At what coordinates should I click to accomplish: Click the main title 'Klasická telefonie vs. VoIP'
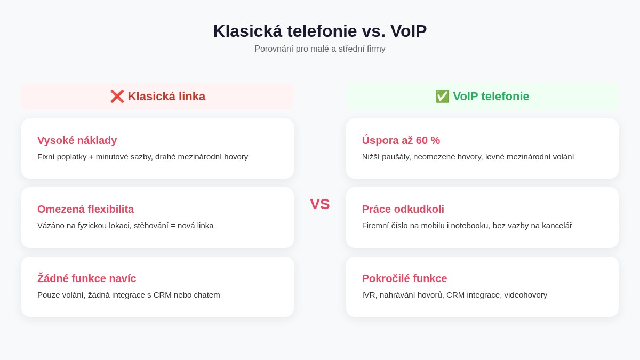(319, 31)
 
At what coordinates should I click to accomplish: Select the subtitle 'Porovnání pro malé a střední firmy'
(319, 49)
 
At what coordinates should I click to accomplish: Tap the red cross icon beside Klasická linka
(117, 97)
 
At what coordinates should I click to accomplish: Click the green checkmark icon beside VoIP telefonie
(442, 97)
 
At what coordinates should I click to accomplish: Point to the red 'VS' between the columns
(320, 204)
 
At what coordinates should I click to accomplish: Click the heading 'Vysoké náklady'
(77, 140)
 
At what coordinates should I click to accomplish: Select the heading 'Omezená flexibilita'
(85, 209)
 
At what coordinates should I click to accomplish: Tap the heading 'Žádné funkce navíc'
(86, 278)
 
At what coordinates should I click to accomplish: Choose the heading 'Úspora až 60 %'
(401, 140)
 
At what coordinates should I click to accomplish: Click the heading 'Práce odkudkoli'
(403, 209)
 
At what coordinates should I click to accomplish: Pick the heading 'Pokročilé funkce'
(404, 278)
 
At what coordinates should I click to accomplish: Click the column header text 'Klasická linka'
(166, 97)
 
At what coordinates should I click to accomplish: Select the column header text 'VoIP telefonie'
(491, 97)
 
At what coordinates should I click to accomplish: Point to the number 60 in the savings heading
(422, 140)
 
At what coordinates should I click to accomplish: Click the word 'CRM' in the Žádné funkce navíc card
(162, 295)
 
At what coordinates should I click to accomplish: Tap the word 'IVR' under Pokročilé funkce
(370, 295)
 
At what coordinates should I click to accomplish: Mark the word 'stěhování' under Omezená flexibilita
(151, 226)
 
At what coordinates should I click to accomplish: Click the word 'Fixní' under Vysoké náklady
(46, 157)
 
